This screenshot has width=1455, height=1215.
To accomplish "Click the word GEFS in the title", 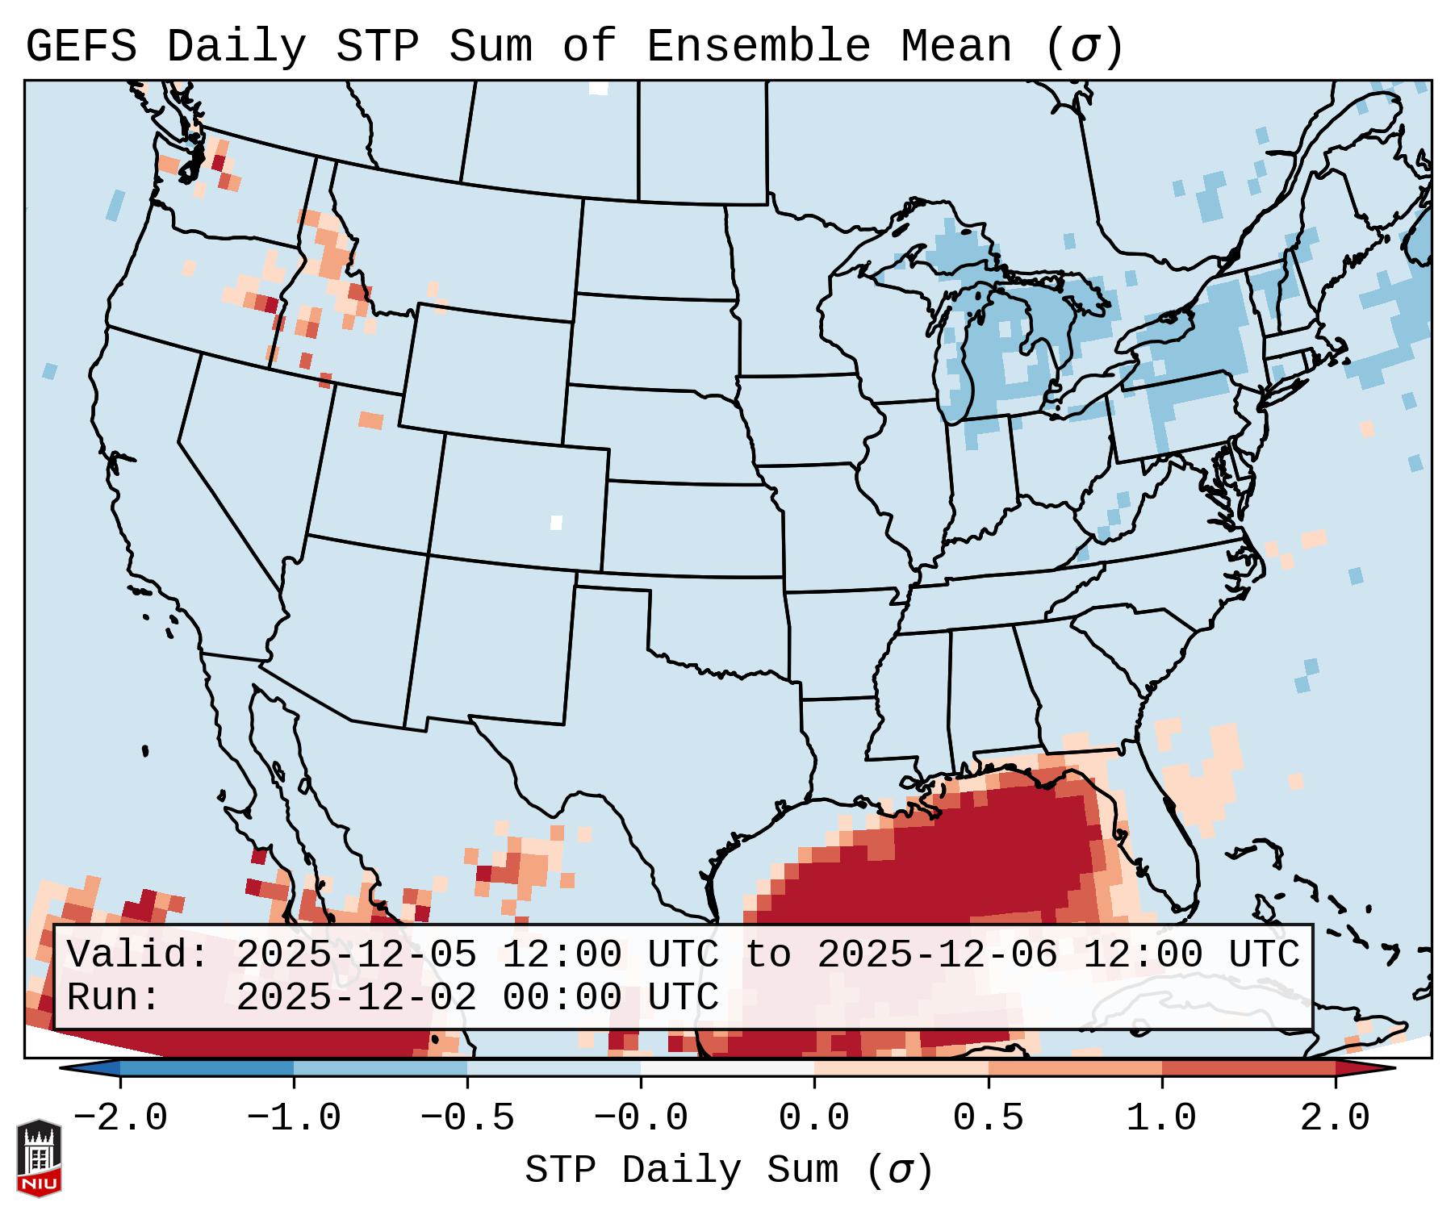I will tap(81, 47).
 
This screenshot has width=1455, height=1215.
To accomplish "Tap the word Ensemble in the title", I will tap(758, 47).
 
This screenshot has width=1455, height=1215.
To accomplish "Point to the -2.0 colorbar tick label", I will tap(120, 1118).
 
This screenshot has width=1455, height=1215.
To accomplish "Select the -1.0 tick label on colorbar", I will tap(294, 1118).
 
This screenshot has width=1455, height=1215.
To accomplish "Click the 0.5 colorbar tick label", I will tap(988, 1118).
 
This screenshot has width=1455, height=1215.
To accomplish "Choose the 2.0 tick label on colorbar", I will tap(1335, 1118).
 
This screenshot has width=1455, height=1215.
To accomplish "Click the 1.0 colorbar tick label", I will tap(1161, 1118).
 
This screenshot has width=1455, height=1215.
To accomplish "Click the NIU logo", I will tap(39, 1157).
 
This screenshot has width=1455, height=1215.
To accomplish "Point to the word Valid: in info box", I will tap(138, 955).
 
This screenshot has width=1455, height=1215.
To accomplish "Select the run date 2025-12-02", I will tap(356, 998).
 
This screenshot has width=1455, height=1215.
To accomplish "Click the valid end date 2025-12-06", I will tap(937, 955).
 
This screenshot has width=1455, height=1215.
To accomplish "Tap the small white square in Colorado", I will tap(556, 522).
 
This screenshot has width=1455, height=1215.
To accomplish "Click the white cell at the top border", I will tap(598, 88).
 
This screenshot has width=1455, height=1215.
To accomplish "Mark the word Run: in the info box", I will tap(114, 998).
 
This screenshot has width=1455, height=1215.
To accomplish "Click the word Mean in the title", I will tap(955, 47).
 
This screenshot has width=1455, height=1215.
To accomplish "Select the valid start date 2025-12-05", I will tap(356, 955).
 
